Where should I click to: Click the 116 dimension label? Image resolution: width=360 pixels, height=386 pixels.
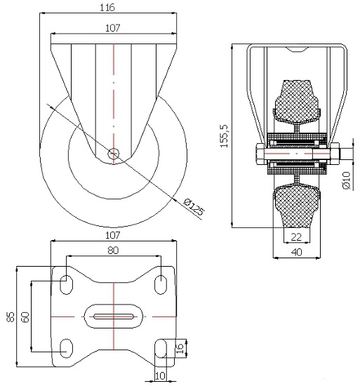pyautogui.click(x=107, y=8)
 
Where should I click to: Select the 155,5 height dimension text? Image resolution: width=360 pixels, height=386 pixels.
pyautogui.click(x=224, y=136)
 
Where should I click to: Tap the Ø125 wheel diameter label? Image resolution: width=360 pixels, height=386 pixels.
pyautogui.click(x=194, y=207)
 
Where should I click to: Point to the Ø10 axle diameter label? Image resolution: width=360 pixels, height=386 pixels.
pyautogui.click(x=346, y=180)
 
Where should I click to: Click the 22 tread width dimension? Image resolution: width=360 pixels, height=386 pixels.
pyautogui.click(x=296, y=237)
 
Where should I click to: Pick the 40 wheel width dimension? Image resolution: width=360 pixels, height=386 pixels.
pyautogui.click(x=297, y=252)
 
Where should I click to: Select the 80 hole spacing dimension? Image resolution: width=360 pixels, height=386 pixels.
pyautogui.click(x=113, y=251)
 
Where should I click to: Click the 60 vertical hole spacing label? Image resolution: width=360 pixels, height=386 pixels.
pyautogui.click(x=25, y=317)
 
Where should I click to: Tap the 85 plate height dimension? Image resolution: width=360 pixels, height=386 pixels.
pyautogui.click(x=11, y=317)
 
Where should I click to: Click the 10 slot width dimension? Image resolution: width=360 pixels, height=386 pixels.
pyautogui.click(x=160, y=376)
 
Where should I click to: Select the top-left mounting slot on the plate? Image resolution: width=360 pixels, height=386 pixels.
pyautogui.click(x=67, y=285)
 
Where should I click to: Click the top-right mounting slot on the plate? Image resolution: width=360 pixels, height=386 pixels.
pyautogui.click(x=161, y=285)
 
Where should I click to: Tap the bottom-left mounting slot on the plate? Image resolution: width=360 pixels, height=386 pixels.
pyautogui.click(x=67, y=348)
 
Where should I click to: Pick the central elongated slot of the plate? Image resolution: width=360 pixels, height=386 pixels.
pyautogui.click(x=114, y=317)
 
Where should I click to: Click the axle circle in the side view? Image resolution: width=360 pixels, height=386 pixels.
pyautogui.click(x=114, y=154)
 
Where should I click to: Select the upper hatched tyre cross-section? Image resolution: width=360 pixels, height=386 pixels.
pyautogui.click(x=297, y=102)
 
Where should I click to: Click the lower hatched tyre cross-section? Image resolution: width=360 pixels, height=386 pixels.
pyautogui.click(x=297, y=206)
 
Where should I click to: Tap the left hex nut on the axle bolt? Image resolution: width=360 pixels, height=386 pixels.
pyautogui.click(x=261, y=154)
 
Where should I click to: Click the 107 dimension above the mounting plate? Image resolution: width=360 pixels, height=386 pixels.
pyautogui.click(x=113, y=236)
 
